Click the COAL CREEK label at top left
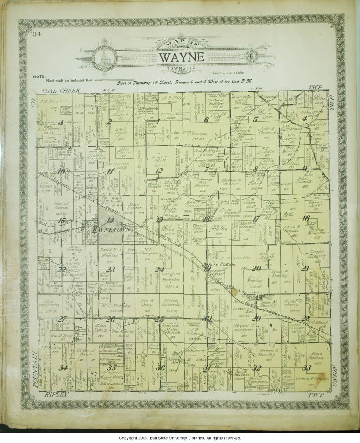(x=61, y=90)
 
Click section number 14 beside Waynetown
(x=110, y=220)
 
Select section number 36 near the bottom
(x=161, y=368)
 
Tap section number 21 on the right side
(x=305, y=268)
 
